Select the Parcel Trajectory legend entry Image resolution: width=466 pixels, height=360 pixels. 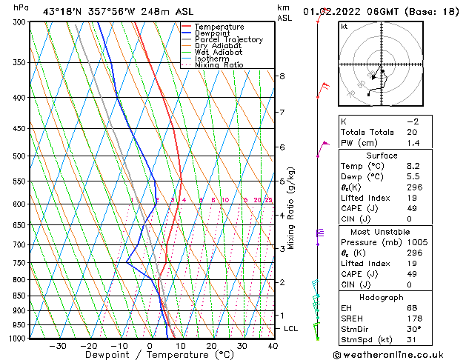228,40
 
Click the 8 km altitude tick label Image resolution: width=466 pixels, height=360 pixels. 282,76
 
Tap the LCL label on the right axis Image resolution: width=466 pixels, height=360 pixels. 291,328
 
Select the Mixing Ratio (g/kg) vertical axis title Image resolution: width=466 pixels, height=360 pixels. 291,208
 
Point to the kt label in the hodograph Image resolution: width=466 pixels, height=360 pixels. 344,26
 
